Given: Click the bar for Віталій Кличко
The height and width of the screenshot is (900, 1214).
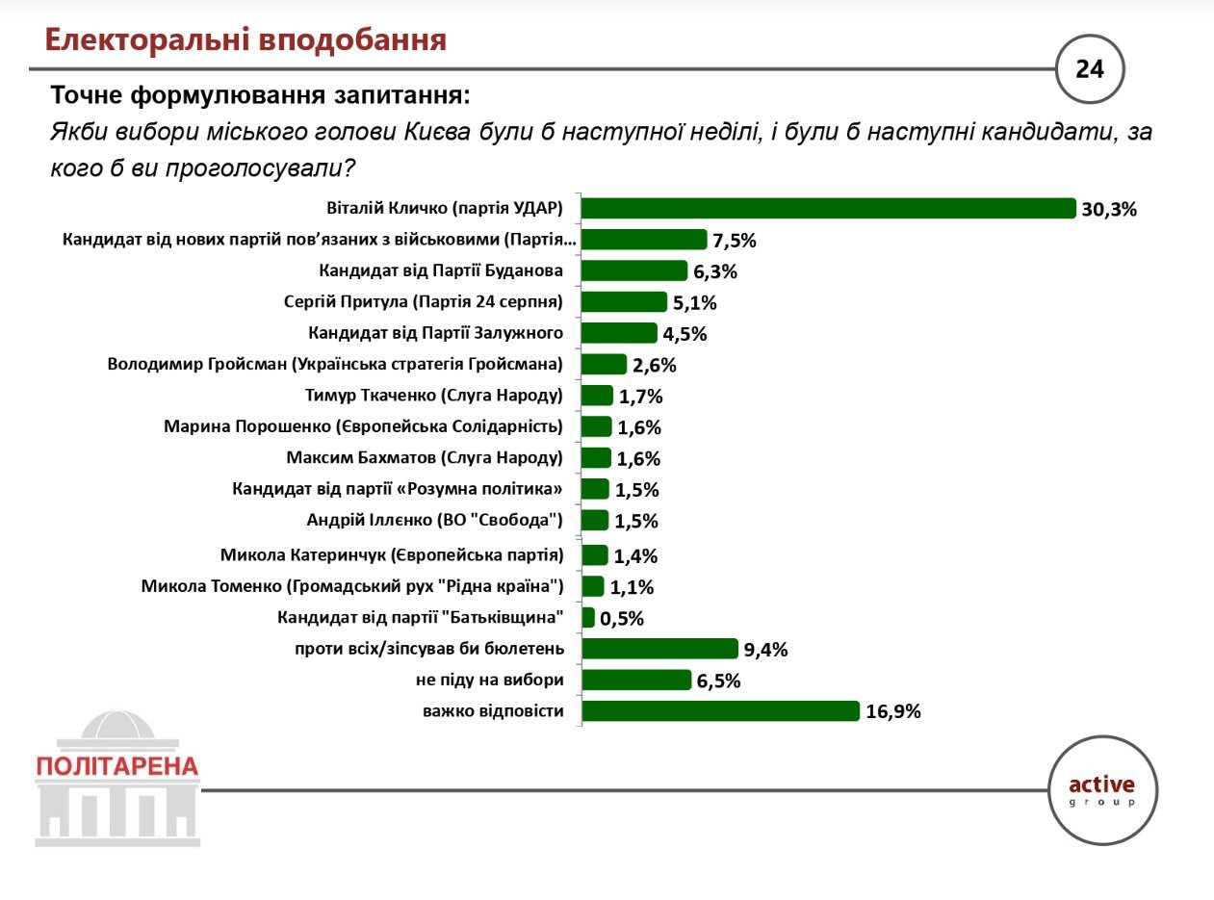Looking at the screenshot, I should [x=828, y=208].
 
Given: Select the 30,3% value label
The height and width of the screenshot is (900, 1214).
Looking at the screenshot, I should [x=1109, y=209].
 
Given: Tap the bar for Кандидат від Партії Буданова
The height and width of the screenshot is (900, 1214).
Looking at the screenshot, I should [x=634, y=270].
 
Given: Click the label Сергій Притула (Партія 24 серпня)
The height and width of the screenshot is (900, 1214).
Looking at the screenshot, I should [x=424, y=302].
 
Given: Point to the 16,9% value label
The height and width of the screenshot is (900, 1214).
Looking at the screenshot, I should [x=893, y=712].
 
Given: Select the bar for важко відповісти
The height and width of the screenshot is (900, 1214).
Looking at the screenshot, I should [x=720, y=711].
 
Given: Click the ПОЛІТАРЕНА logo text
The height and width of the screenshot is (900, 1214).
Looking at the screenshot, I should [x=116, y=766].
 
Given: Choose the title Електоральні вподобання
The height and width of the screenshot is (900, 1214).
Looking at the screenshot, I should [x=246, y=39].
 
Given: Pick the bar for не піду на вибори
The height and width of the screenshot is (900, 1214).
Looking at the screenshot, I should [x=636, y=681].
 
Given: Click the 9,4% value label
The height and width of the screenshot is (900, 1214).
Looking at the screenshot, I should [x=766, y=650].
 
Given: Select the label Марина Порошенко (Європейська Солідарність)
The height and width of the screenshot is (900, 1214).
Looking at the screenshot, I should [x=364, y=426].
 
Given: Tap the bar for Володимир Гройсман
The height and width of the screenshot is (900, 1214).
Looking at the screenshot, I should [x=605, y=364].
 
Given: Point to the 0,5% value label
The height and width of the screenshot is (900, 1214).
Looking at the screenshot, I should [x=621, y=619].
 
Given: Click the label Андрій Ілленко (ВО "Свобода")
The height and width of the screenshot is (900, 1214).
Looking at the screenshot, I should [x=434, y=521].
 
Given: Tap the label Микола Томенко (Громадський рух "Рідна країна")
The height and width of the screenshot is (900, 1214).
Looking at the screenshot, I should [x=351, y=585].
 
